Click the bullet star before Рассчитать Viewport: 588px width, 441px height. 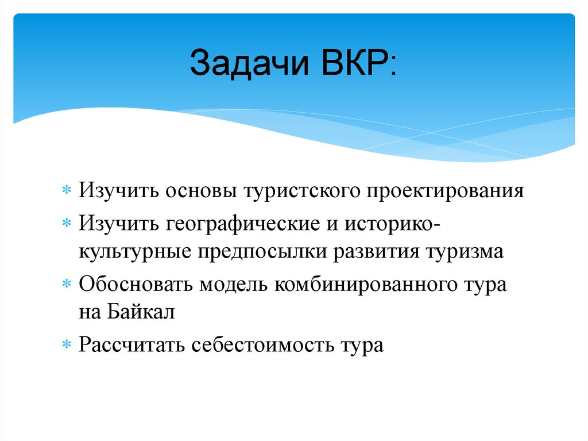[67, 346]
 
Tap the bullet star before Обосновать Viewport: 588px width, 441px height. [67, 285]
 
